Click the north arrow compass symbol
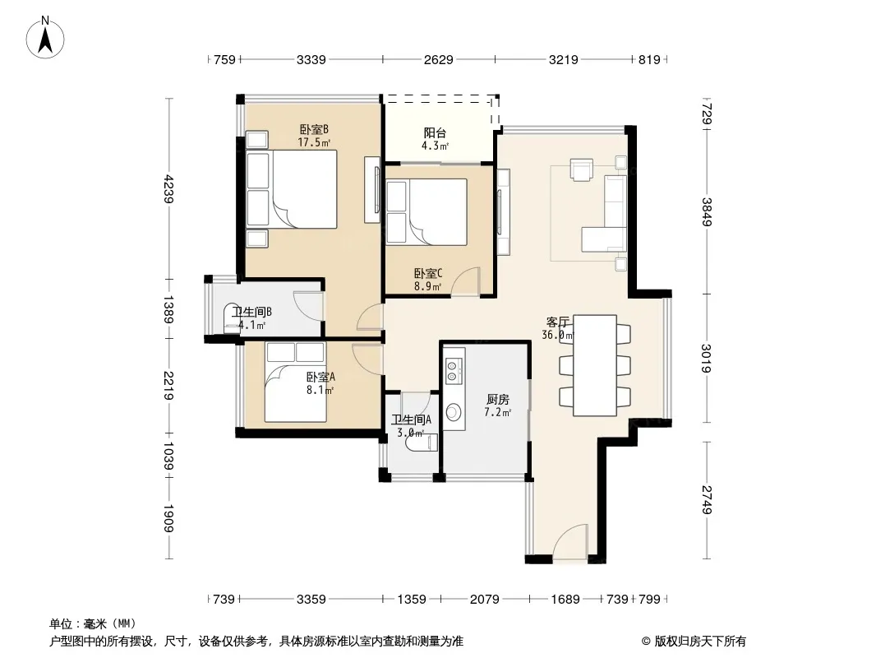point(45,38)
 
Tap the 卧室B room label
point(314,130)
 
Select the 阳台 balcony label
point(435,133)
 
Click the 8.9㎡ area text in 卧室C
point(428,287)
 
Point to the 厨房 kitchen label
point(497,399)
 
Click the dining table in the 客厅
point(595,366)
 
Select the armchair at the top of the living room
point(581,170)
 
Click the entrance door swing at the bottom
point(571,541)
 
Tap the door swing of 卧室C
point(465,282)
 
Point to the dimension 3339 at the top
point(311,59)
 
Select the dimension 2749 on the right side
point(707,500)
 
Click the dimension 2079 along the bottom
point(484,600)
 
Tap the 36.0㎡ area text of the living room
point(557,336)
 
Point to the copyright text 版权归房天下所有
point(700,642)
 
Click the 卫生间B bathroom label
point(251,312)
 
